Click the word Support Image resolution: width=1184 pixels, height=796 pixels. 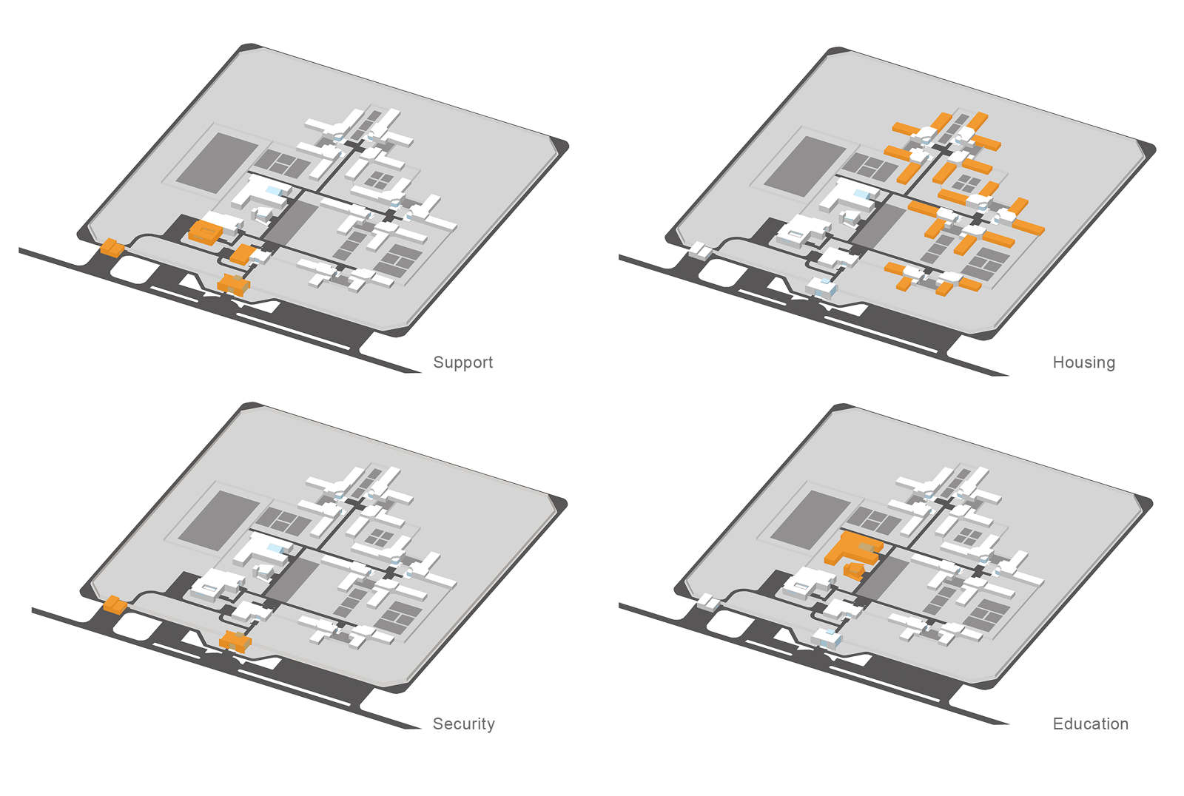coord(462,362)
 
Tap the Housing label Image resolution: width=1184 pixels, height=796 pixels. coord(1083,362)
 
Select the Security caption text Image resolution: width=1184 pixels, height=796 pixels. coord(463,724)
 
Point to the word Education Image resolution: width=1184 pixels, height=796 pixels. coord(1090,724)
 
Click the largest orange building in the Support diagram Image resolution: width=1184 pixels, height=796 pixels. coord(205,232)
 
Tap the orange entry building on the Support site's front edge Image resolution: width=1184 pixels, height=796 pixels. coord(234,284)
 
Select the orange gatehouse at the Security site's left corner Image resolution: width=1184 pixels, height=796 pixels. coord(114,604)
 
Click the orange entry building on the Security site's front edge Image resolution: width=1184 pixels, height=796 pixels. coord(235,641)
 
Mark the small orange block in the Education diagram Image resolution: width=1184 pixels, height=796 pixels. coord(854,570)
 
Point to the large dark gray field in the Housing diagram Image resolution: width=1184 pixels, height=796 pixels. coord(804,166)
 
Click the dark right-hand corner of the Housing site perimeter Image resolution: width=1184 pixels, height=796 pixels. coord(1146,150)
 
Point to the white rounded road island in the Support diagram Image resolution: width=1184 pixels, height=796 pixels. coord(132,267)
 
